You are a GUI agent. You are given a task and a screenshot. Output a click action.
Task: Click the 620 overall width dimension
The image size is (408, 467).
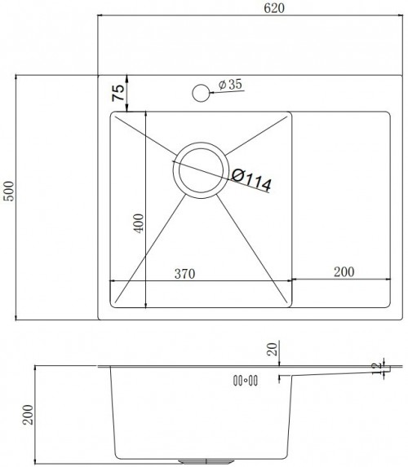pyautogui.click(x=274, y=8)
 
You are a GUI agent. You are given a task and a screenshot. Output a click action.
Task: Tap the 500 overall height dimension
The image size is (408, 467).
pyautogui.click(x=9, y=191)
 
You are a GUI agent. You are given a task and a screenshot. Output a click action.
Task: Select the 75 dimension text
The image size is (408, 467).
pyautogui.click(x=118, y=93)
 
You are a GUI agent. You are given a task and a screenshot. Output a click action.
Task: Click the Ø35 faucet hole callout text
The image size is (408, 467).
pyautogui.click(x=230, y=85)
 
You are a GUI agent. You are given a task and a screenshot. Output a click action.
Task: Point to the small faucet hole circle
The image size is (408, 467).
pyautogui.click(x=201, y=93)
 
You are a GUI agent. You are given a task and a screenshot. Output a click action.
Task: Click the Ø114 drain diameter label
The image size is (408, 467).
pyautogui.click(x=251, y=179)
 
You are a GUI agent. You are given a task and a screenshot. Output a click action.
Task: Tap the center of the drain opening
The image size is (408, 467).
pyautogui.click(x=201, y=170)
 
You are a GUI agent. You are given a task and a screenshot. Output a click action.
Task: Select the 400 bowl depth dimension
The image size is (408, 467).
pyautogui.click(x=139, y=223)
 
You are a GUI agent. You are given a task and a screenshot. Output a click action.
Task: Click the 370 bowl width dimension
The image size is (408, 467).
pyautogui.click(x=185, y=273)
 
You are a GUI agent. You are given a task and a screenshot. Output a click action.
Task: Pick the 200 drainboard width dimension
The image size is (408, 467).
pyautogui.click(x=344, y=271)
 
